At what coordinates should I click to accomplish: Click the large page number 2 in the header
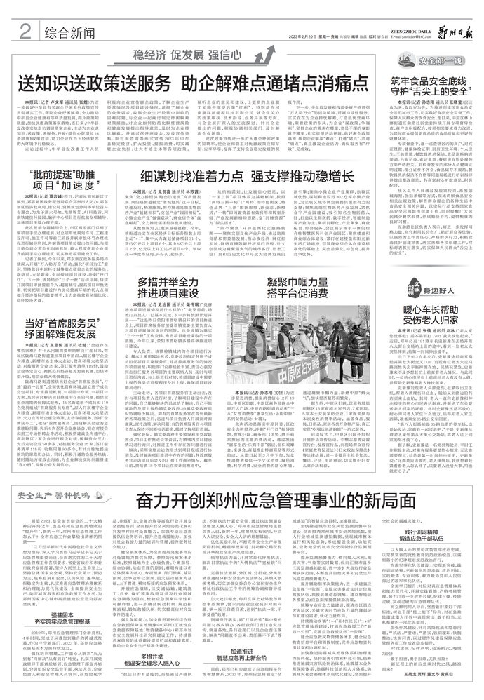pyautogui.click(x=25, y=32)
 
